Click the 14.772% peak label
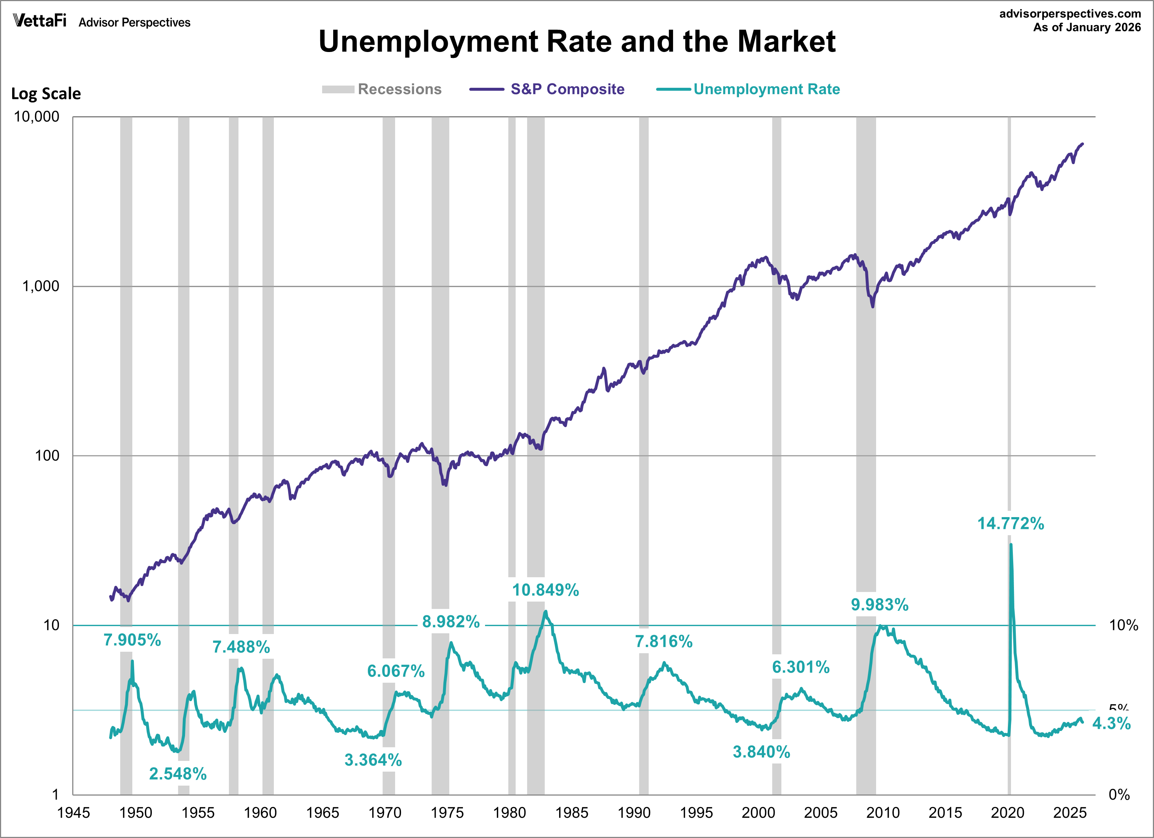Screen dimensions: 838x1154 (1011, 523)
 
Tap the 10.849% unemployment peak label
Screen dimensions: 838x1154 (545, 590)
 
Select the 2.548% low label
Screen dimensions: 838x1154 (178, 774)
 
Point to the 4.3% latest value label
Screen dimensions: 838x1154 (1111, 723)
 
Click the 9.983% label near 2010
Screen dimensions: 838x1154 (880, 605)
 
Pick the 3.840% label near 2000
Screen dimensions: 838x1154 (761, 752)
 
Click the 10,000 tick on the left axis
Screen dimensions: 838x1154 (36, 117)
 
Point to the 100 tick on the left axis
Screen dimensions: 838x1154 (47, 456)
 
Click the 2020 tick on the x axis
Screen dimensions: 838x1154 (1007, 813)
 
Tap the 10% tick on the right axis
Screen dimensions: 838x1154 (1123, 625)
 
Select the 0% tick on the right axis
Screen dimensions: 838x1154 (1119, 795)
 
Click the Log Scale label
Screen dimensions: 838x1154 (46, 94)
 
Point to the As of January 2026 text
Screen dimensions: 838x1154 (1087, 28)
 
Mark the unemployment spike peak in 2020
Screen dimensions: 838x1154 (1011, 544)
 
